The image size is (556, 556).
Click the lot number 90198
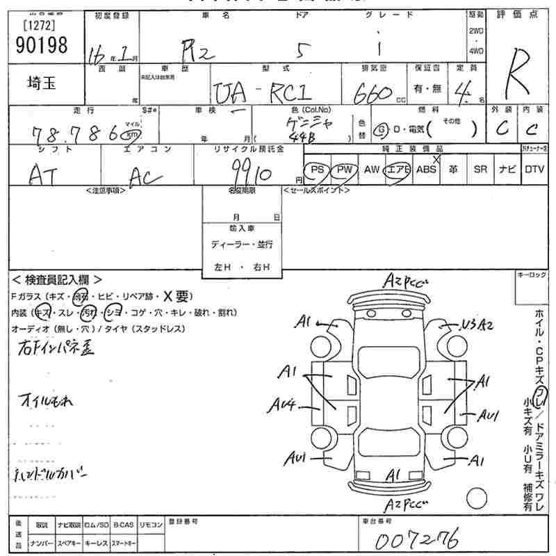click(40, 46)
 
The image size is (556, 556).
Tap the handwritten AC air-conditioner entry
click(146, 178)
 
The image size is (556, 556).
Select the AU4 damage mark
click(283, 403)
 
